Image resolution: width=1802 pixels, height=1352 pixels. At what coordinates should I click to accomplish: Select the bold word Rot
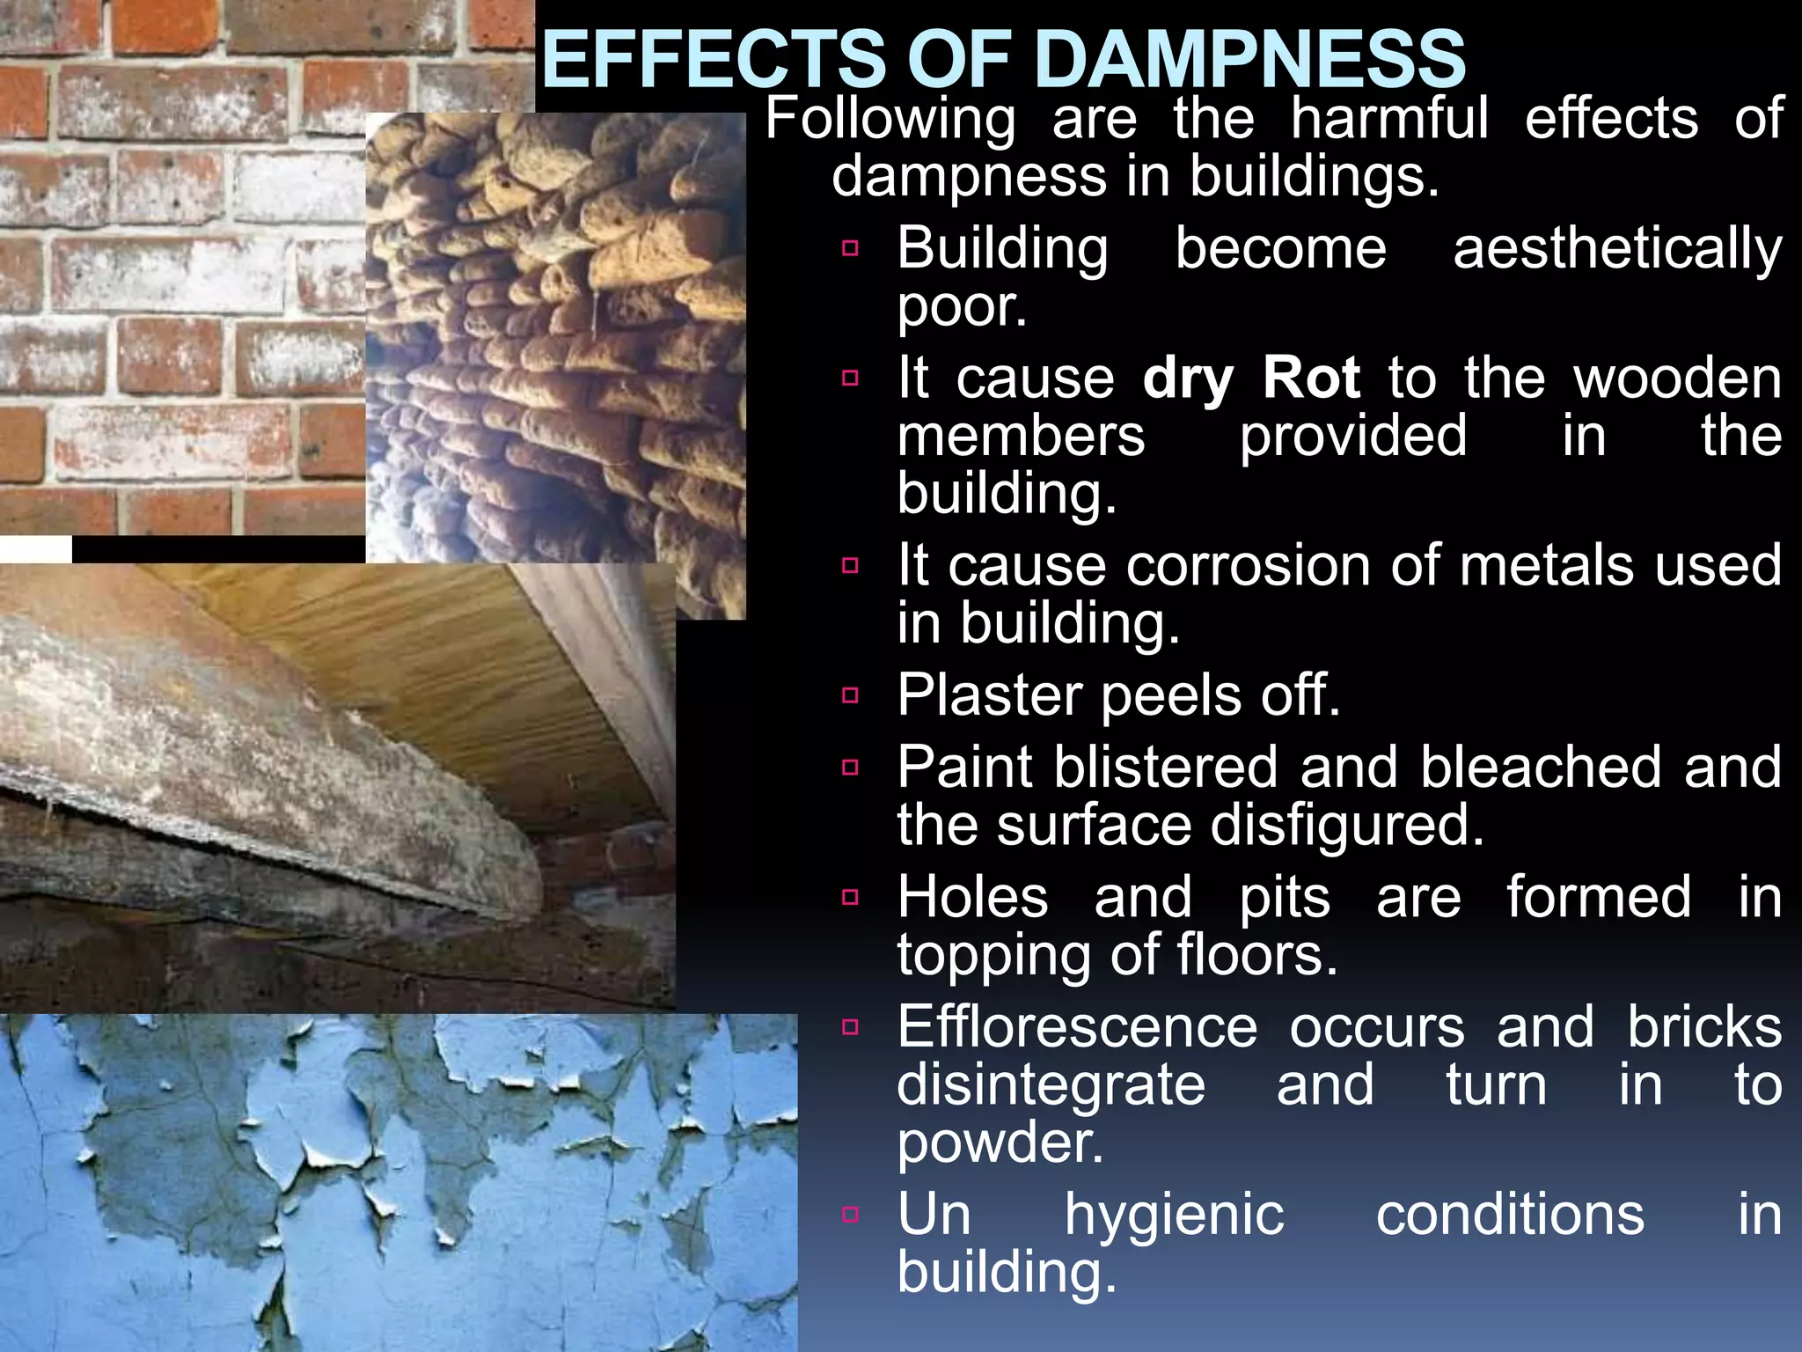pyautogui.click(x=1311, y=378)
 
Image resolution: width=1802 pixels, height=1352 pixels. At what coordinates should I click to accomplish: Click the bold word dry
pyautogui.click(x=1188, y=380)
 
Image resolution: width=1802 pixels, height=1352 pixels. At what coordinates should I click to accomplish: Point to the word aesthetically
pyautogui.click(x=1617, y=250)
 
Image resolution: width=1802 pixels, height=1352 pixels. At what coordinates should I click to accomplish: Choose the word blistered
pyautogui.click(x=1165, y=768)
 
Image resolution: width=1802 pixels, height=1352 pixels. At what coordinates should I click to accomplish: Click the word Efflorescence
pyautogui.click(x=1077, y=1027)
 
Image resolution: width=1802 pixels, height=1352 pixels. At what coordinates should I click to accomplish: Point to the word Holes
pyautogui.click(x=972, y=898)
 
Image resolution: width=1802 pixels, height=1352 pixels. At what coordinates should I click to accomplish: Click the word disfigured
pyautogui.click(x=1346, y=826)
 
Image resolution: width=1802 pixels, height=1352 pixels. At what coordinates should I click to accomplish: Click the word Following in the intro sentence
pyautogui.click(x=890, y=120)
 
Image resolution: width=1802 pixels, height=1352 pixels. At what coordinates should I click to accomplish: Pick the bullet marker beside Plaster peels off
pyautogui.click(x=850, y=696)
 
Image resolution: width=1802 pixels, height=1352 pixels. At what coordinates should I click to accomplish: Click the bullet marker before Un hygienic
pyautogui.click(x=850, y=1215)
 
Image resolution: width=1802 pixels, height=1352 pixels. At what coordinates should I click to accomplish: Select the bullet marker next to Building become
pyautogui.click(x=850, y=248)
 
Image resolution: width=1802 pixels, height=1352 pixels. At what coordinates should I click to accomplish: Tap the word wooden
pyautogui.click(x=1677, y=378)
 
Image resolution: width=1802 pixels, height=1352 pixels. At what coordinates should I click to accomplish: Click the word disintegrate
pyautogui.click(x=1051, y=1085)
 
